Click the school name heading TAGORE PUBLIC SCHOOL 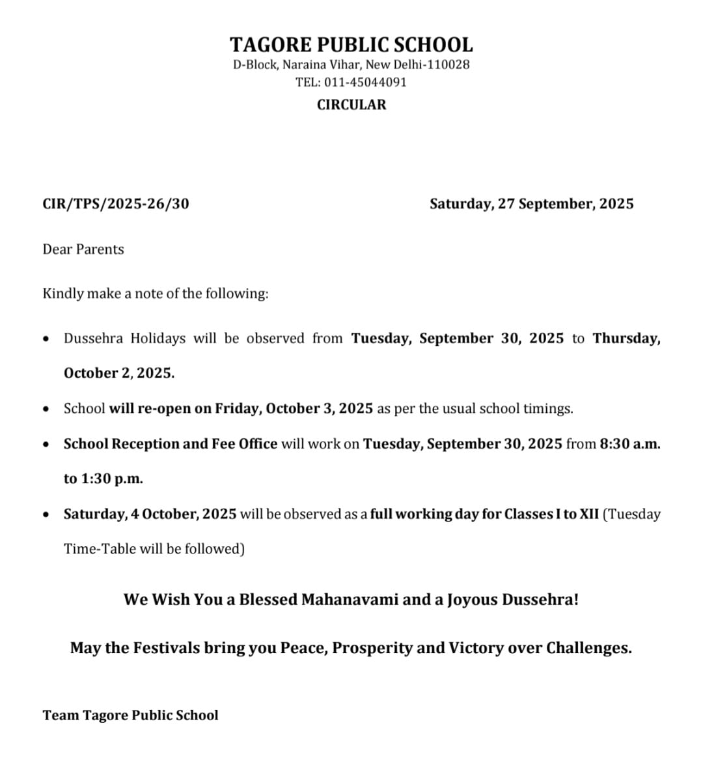pos(351,45)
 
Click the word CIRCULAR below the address pos(351,105)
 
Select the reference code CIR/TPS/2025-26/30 pos(116,204)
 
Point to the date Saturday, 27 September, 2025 pos(531,204)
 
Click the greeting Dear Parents pos(83,249)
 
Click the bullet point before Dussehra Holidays pos(45,339)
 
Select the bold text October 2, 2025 pos(119,374)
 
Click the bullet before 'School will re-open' pos(45,410)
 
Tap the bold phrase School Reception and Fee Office pos(171,444)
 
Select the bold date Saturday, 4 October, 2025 pos(150,514)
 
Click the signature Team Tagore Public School pos(131,716)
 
